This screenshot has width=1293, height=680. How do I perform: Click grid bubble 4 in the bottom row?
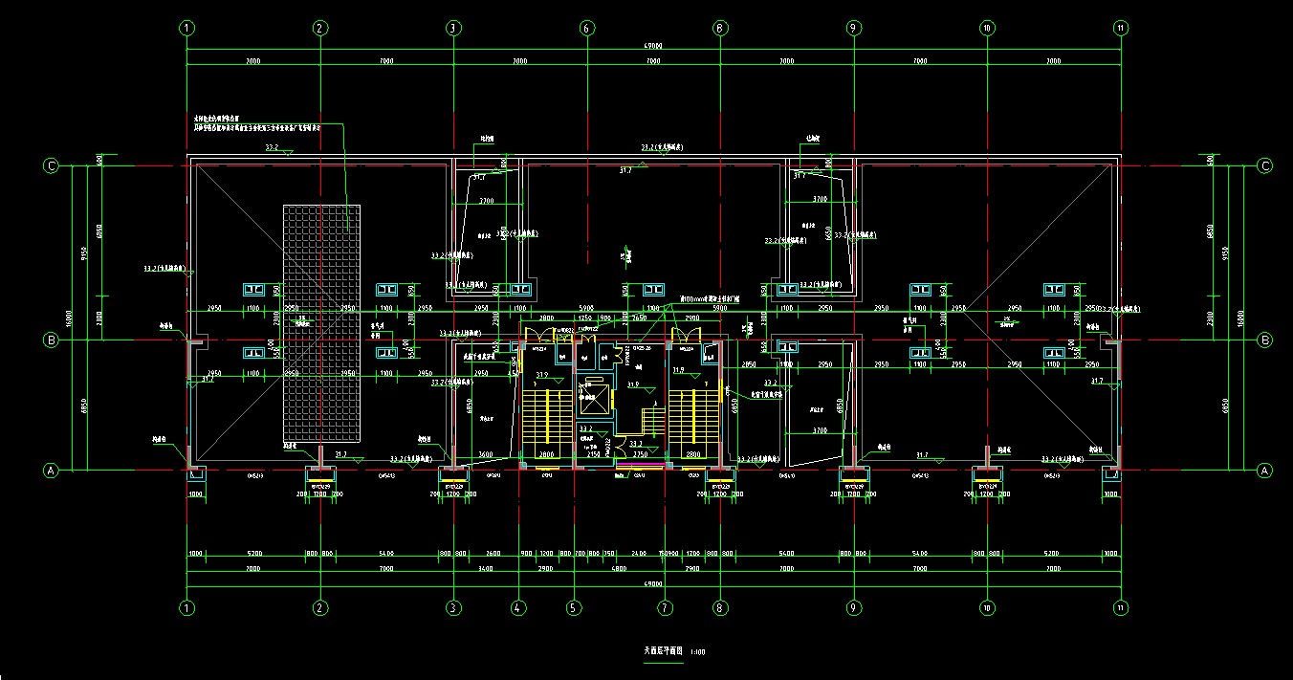(x=518, y=607)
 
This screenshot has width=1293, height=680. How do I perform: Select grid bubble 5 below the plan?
(x=574, y=607)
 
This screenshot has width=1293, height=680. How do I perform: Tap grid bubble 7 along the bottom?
(x=666, y=607)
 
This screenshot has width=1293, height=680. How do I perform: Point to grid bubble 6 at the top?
(x=586, y=29)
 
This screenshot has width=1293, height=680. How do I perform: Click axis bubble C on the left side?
(x=52, y=166)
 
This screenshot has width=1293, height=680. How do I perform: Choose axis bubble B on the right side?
(x=1264, y=340)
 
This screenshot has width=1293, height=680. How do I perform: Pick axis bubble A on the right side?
(x=1264, y=471)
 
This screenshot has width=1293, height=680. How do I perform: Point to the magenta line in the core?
(x=643, y=465)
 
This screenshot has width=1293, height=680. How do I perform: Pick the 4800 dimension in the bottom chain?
(x=619, y=569)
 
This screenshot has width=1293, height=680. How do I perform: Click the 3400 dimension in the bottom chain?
(x=486, y=569)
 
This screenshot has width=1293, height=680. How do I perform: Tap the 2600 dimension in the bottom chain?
(x=493, y=554)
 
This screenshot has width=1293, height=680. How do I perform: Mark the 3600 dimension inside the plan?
(x=485, y=454)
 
